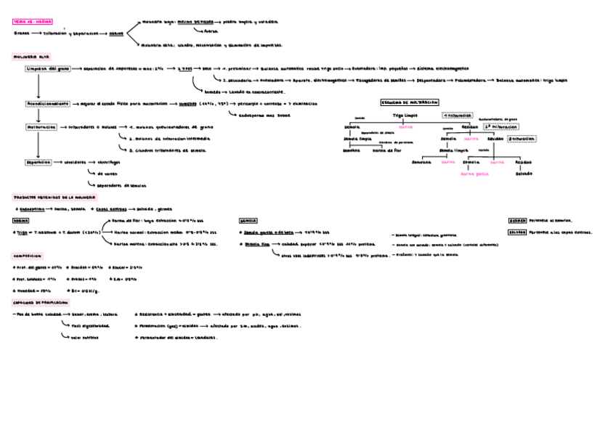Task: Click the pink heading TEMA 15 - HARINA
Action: pyautogui.click(x=33, y=22)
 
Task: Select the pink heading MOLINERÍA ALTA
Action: pyautogui.click(x=31, y=56)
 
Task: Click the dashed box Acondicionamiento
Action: pyautogui.click(x=46, y=104)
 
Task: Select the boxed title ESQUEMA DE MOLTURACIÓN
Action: pyautogui.click(x=410, y=103)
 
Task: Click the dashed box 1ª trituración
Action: pyautogui.click(x=458, y=115)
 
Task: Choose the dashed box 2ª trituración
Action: pyautogui.click(x=499, y=126)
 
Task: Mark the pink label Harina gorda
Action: pyautogui.click(x=475, y=174)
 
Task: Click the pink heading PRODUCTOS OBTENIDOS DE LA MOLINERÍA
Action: pyautogui.click(x=55, y=197)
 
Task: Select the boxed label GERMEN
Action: pyautogui.click(x=517, y=220)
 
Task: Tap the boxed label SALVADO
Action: pyautogui.click(x=517, y=232)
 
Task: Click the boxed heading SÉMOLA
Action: pyautogui.click(x=248, y=220)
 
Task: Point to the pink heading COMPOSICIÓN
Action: pyautogui.click(x=27, y=256)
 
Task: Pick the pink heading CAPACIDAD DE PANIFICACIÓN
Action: pyautogui.click(x=41, y=302)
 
